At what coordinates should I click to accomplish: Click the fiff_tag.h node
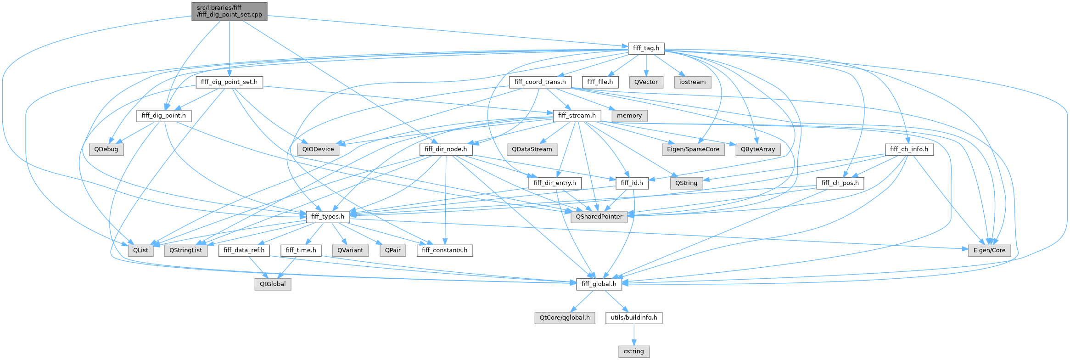[646, 48]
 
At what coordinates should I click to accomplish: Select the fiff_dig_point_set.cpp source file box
[229, 11]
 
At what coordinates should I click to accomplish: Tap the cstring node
[633, 351]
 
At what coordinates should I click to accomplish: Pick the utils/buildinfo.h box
[633, 318]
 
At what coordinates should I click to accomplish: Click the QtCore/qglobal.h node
[565, 318]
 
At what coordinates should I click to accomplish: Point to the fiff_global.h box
[599, 284]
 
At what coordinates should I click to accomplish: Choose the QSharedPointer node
[599, 217]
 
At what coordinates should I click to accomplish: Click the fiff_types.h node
[328, 217]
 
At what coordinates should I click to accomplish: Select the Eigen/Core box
[989, 250]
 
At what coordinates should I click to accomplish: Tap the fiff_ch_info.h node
[909, 149]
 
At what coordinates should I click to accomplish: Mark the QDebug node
[106, 149]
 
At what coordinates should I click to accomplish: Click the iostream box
[692, 82]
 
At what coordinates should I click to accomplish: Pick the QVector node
[646, 82]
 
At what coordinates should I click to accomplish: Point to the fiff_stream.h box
[577, 116]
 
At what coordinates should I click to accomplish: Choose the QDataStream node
[532, 149]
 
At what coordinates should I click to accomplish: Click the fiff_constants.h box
[444, 250]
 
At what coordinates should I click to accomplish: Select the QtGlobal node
[273, 284]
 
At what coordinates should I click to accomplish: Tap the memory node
[629, 116]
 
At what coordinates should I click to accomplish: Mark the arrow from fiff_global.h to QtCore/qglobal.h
[582, 301]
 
